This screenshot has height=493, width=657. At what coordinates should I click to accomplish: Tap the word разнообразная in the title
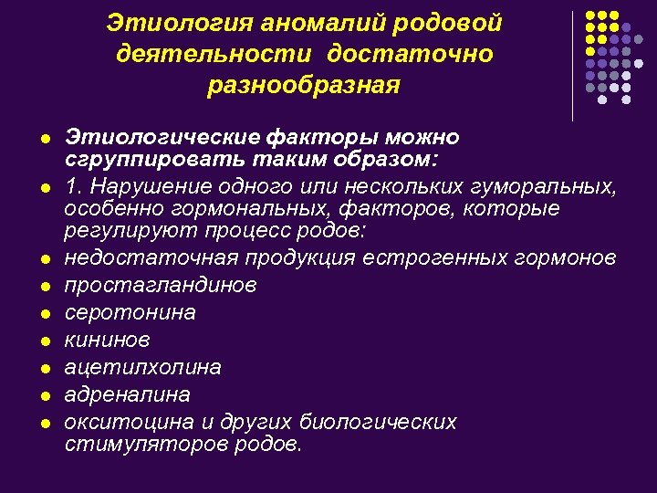304,86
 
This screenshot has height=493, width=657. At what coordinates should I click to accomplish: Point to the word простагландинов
161,285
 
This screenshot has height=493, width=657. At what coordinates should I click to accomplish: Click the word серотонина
130,312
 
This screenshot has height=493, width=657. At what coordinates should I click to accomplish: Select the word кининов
108,340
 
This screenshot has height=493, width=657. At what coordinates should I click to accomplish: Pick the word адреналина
128,394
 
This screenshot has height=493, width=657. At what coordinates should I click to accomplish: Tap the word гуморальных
547,188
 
